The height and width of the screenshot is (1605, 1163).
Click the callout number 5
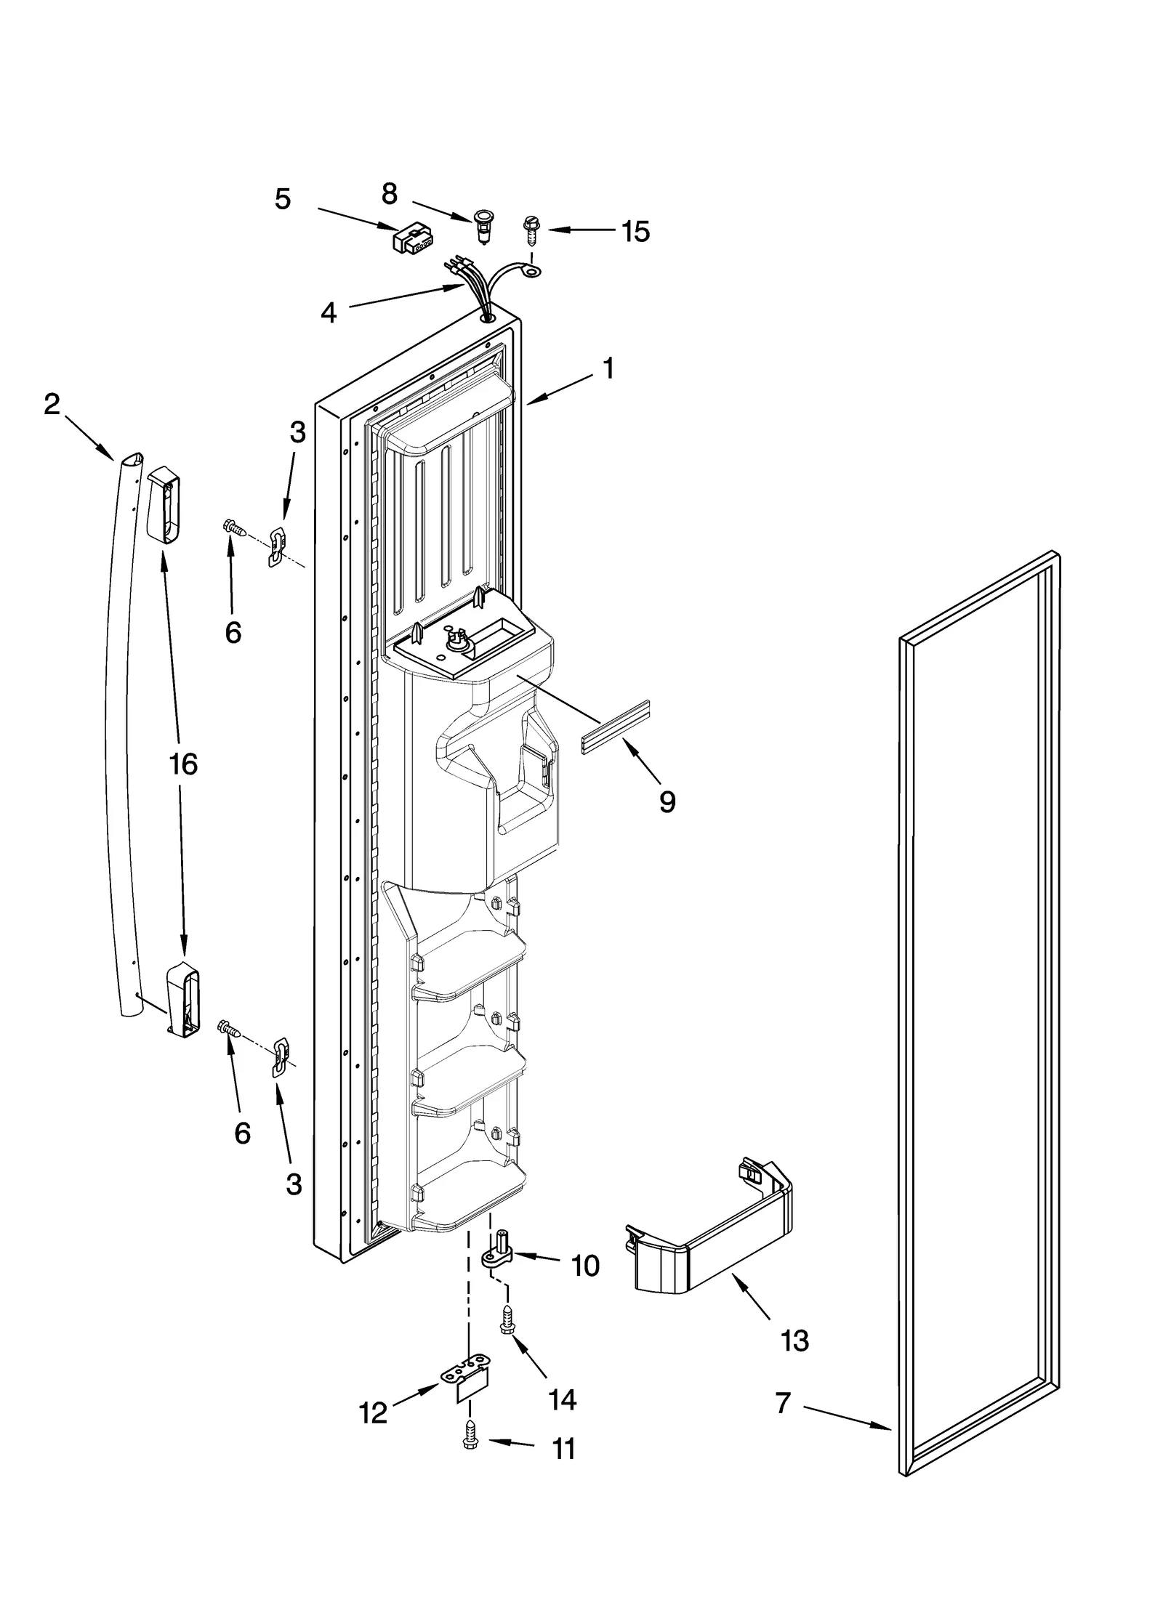pos(283,199)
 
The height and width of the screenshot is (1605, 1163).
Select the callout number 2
pos(52,405)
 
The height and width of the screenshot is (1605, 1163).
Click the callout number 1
pos(608,369)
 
